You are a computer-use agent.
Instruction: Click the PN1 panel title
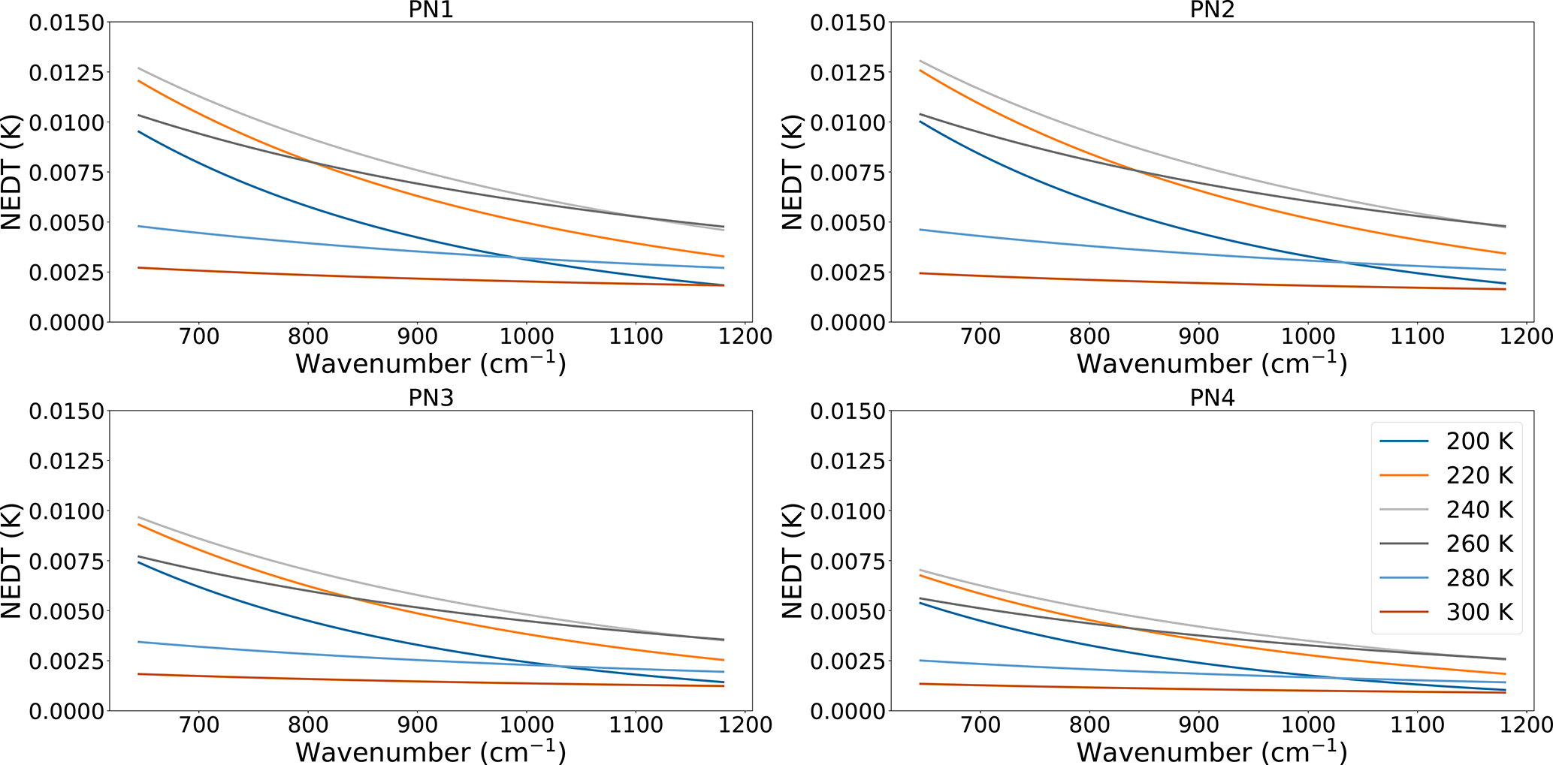pyautogui.click(x=431, y=10)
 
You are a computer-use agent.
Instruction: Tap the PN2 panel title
pyautogui.click(x=1212, y=10)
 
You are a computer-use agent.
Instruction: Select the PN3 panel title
pyautogui.click(x=431, y=398)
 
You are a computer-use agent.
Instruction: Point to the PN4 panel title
pyautogui.click(x=1212, y=398)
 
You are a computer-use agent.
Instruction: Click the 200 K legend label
pyautogui.click(x=1479, y=441)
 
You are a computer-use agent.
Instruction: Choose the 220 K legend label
pyautogui.click(x=1479, y=475)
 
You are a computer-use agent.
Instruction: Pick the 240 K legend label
pyautogui.click(x=1479, y=510)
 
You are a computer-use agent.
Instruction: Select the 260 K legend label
pyautogui.click(x=1479, y=544)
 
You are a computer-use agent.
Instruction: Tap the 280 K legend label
pyautogui.click(x=1479, y=578)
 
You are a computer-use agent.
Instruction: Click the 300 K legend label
pyautogui.click(x=1479, y=612)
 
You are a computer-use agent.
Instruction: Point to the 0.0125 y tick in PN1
pyautogui.click(x=66, y=73)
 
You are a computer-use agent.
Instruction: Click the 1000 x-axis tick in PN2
pyautogui.click(x=1307, y=336)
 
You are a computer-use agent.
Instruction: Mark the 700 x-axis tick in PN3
pyautogui.click(x=199, y=724)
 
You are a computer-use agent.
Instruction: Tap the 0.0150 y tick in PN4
pyautogui.click(x=848, y=411)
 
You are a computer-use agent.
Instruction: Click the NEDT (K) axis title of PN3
pyautogui.click(x=12, y=561)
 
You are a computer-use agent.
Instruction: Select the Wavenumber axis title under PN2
pyautogui.click(x=1212, y=363)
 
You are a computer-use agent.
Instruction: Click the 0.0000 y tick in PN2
pyautogui.click(x=848, y=322)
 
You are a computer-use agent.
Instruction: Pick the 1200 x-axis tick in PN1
pyautogui.click(x=744, y=336)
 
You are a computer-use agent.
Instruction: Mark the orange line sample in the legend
pyautogui.click(x=1403, y=475)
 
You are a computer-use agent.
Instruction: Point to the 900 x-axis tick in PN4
pyautogui.click(x=1198, y=724)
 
